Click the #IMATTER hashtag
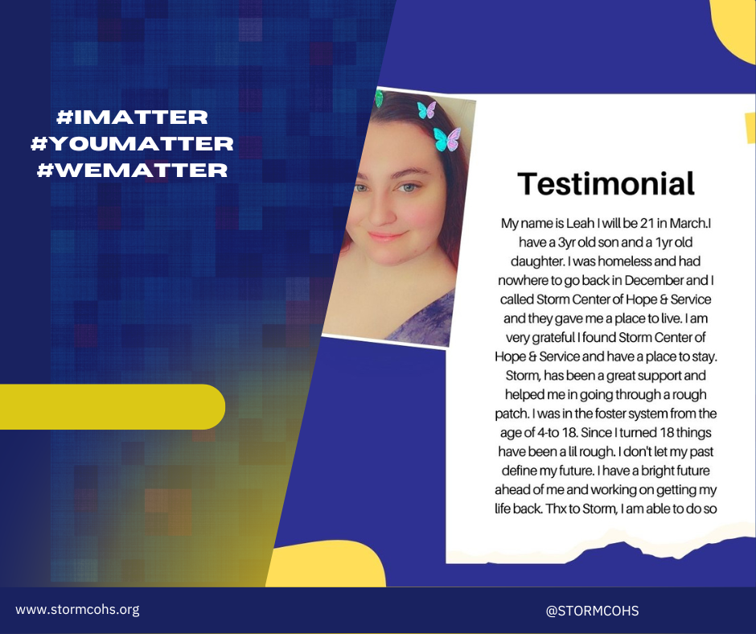coord(132,117)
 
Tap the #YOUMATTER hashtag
coord(132,144)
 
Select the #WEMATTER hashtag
coord(132,171)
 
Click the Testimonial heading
coord(606,183)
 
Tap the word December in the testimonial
coord(654,280)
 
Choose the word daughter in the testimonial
coord(537,262)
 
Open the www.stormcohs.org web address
coord(78,609)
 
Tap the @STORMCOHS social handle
coord(592,611)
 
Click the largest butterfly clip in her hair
coord(447,139)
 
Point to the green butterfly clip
coord(379,98)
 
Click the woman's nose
coord(381,211)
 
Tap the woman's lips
coord(387,237)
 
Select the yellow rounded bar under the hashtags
coord(113,407)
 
